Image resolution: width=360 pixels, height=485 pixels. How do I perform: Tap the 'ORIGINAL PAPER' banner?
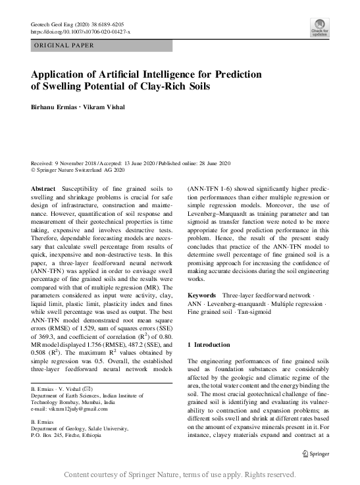[x=64, y=45]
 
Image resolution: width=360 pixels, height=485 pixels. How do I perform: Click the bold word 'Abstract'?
[x=43, y=188]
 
